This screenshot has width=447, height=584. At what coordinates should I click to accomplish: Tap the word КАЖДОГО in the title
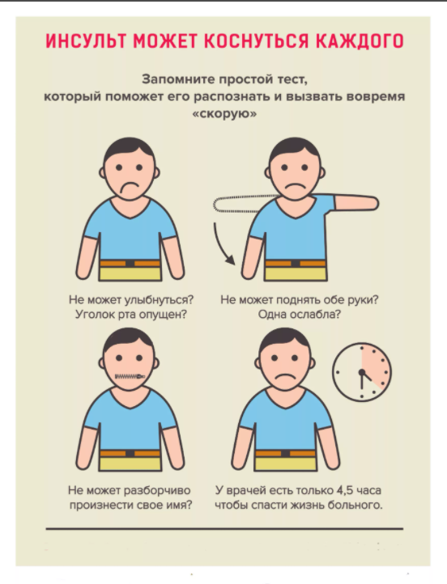coord(360,41)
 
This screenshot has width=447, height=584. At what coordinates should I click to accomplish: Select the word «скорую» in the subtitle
coord(224,113)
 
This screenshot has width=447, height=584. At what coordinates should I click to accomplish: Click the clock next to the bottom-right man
coord(362,372)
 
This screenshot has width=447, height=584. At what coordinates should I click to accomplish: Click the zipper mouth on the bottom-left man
coord(130,376)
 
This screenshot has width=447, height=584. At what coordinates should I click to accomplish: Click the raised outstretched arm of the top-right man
coord(356,203)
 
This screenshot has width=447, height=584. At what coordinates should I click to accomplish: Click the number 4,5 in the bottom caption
coord(344,490)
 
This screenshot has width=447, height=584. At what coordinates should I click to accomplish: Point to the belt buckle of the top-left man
coord(130,264)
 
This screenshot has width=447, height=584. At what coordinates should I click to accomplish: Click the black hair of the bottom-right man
coord(284,338)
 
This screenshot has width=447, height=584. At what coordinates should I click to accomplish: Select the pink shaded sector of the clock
coord(376,365)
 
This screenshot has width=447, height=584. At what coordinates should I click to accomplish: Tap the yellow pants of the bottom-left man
coord(130,463)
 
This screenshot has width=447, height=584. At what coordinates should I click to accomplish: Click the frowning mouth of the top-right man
coord(295,185)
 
